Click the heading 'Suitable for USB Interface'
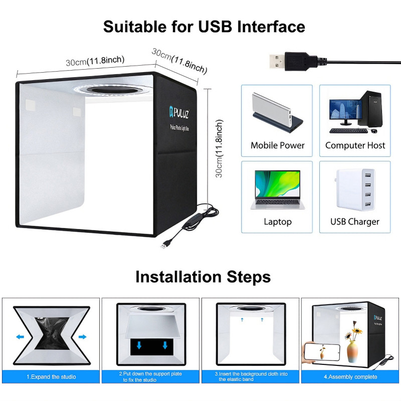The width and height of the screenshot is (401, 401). coord(204,26)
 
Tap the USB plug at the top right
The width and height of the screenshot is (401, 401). coord(279,62)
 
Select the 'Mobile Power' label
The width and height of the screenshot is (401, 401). coord(278,145)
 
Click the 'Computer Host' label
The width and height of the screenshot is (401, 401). coord(355,145)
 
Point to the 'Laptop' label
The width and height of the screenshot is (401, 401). coord(278,222)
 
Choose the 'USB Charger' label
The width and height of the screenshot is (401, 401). coord(355,222)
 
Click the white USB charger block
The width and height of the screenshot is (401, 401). coord(355,191)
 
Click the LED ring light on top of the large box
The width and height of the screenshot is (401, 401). coord(110,91)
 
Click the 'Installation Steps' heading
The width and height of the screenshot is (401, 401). coord(203,277)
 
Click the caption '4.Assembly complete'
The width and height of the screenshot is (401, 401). coord(350,376)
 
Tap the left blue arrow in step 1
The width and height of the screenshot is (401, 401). coord(21,337)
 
